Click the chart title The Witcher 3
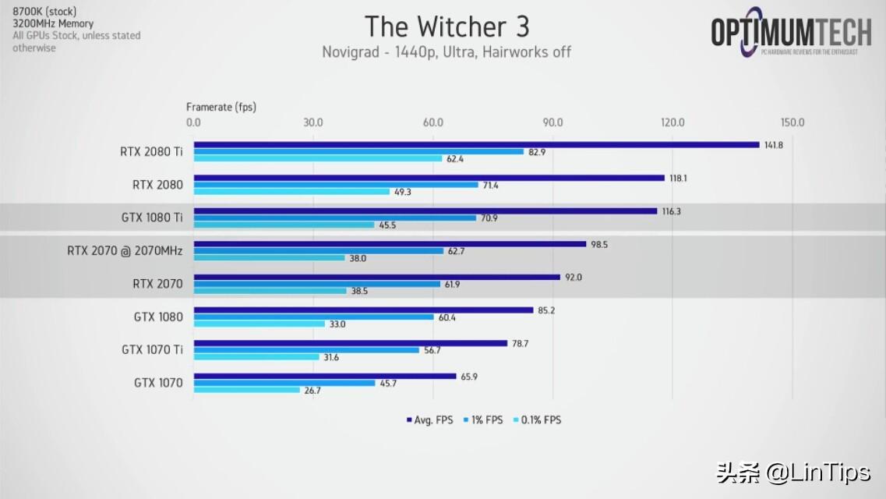click(447, 27)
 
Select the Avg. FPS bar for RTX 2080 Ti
click(476, 144)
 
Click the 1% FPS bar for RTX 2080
click(336, 185)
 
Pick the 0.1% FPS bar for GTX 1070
click(247, 390)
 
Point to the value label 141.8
click(774, 145)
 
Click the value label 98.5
click(599, 244)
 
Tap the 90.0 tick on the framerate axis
click(552, 122)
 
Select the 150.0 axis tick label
click(792, 122)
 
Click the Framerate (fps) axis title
click(221, 107)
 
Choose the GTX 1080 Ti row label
click(152, 218)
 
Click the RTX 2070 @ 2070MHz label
click(125, 251)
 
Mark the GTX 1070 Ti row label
click(152, 350)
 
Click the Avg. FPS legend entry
click(429, 420)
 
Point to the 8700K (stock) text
click(44, 12)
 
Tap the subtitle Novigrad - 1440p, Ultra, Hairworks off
click(447, 52)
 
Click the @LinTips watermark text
click(815, 472)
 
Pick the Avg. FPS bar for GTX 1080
click(364, 310)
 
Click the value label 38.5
click(359, 291)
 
